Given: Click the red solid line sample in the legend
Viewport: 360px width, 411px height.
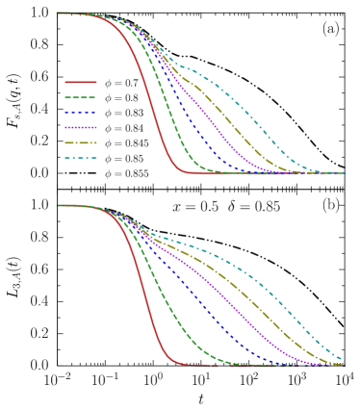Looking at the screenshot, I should pos(80,82).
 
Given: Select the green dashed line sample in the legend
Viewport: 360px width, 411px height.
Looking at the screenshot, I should pos(80,97).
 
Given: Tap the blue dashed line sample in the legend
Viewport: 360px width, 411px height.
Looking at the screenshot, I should pos(80,113).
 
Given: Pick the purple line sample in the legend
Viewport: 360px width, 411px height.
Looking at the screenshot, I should pos(80,127).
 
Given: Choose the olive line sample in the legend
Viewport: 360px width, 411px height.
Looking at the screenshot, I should pos(80,142).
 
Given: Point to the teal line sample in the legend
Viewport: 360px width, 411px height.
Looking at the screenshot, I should pos(80,158).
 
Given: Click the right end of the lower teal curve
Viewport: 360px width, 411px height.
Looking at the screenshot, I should pos(342,359).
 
